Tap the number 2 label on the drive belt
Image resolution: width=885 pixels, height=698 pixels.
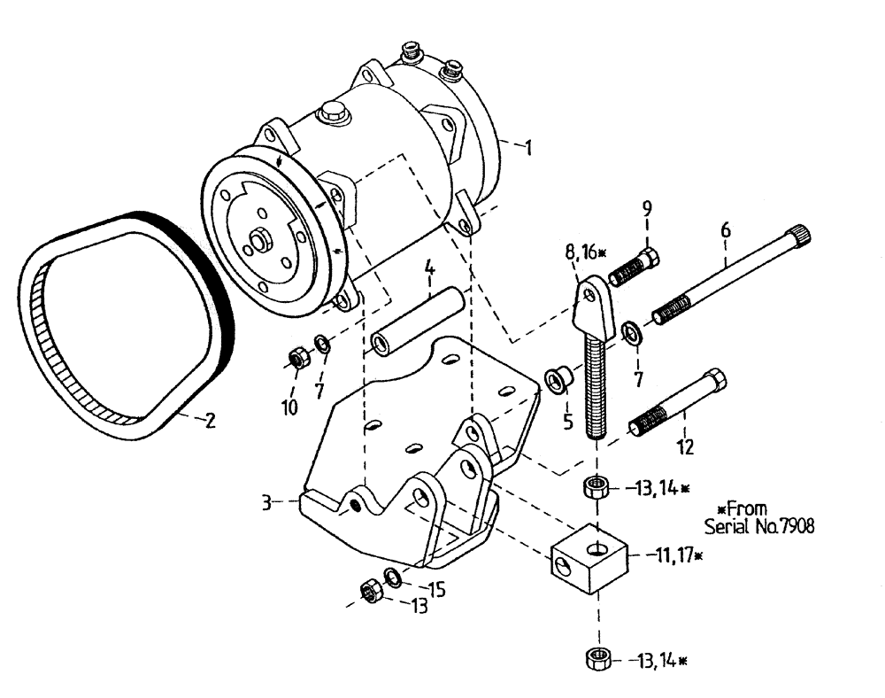tap(210, 422)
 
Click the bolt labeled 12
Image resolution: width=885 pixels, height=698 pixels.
tap(677, 406)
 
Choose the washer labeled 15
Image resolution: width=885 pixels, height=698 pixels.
tap(393, 578)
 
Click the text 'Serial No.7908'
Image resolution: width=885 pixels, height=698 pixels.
tap(759, 524)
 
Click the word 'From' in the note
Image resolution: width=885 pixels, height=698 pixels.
tap(748, 508)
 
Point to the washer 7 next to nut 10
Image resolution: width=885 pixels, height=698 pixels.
tap(324, 344)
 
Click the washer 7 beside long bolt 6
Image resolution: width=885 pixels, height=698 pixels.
tap(633, 332)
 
